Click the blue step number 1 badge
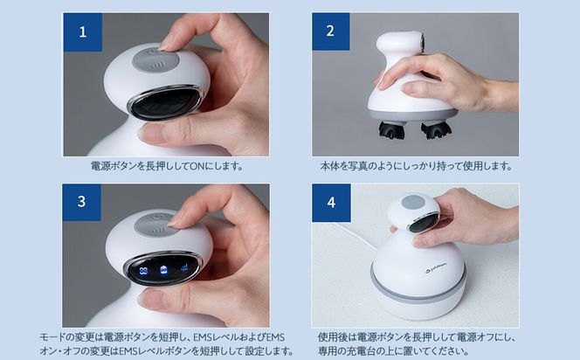click(84, 33)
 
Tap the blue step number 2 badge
click(329, 32)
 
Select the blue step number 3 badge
click(84, 201)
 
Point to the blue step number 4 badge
click(330, 201)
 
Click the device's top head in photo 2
click(401, 44)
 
